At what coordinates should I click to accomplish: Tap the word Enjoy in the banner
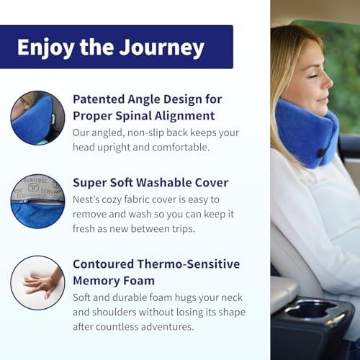[45, 48]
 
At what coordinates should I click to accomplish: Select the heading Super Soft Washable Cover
[150, 182]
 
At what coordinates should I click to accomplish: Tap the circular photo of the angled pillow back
[37, 117]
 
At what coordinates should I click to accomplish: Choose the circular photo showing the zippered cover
[37, 201]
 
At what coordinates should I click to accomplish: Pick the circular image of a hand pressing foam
[37, 283]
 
